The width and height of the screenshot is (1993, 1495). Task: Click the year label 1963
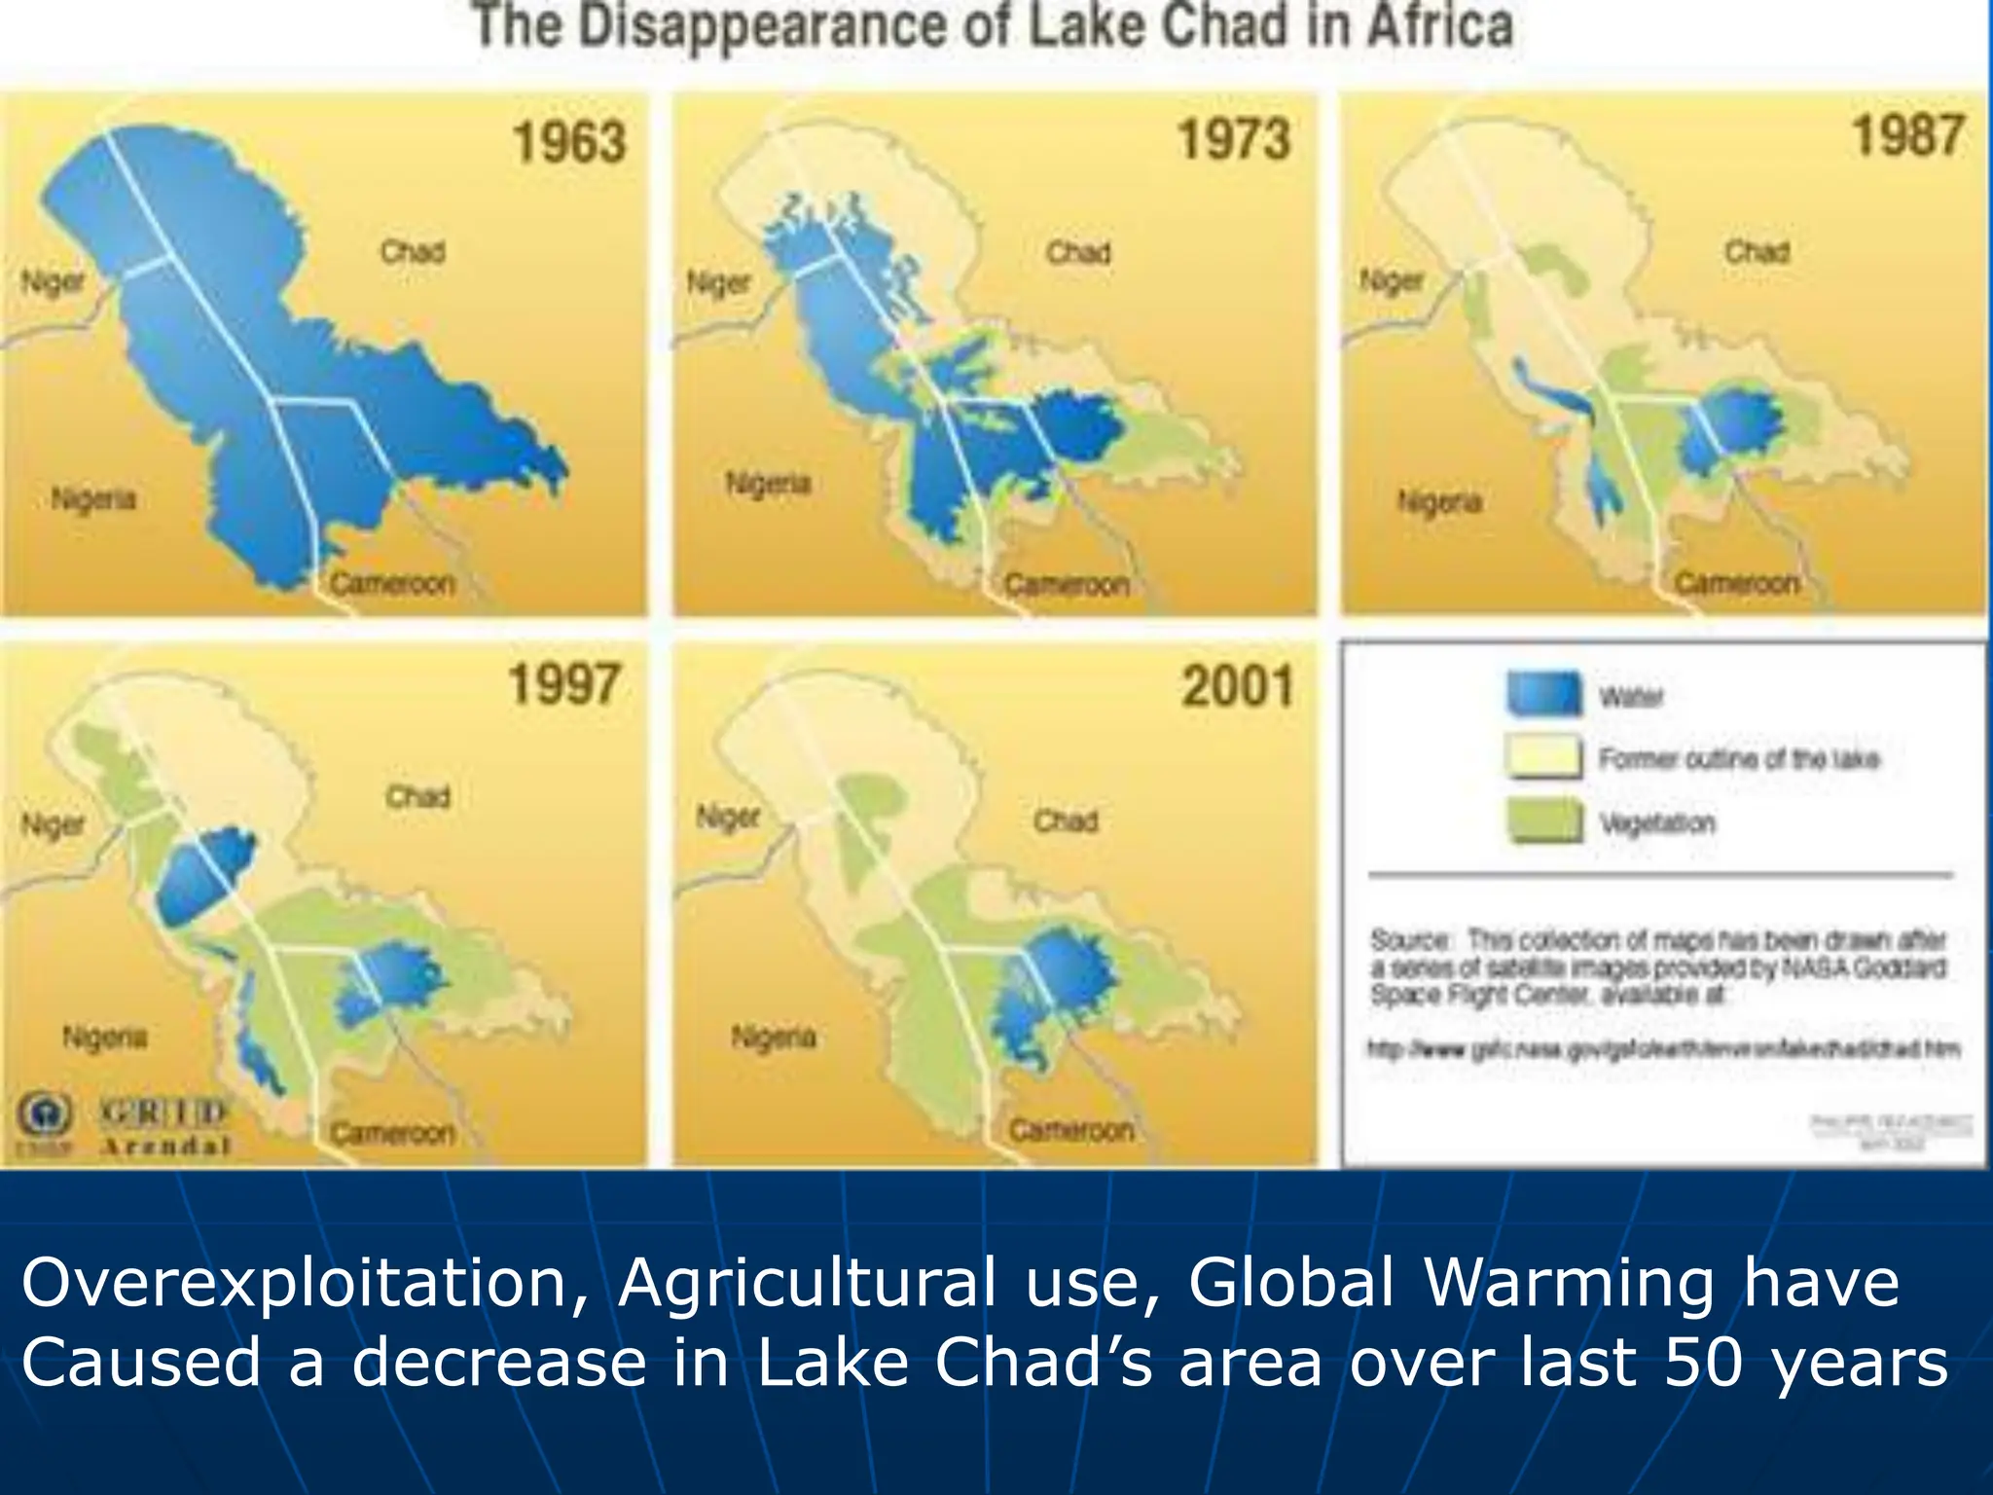[569, 142]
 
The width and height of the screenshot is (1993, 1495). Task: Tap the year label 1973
[1234, 139]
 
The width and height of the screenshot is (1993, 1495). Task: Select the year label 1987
[1907, 135]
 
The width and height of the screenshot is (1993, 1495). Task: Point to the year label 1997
[563, 684]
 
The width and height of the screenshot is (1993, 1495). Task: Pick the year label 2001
[1238, 686]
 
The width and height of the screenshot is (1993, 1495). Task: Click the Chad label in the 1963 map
[413, 252]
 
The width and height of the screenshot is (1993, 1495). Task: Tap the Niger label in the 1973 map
[719, 283]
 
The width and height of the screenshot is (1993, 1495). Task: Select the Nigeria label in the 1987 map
[1439, 502]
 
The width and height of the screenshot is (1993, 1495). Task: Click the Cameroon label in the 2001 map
[1070, 1130]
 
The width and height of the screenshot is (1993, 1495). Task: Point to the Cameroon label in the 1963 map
[392, 584]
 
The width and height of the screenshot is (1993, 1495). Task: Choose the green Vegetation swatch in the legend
[1543, 820]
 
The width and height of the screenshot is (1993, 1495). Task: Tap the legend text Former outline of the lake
[1739, 759]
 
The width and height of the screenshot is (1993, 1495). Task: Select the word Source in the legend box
[1410, 940]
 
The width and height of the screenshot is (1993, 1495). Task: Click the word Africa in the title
[1439, 26]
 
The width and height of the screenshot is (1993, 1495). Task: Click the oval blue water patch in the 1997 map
[205, 877]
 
